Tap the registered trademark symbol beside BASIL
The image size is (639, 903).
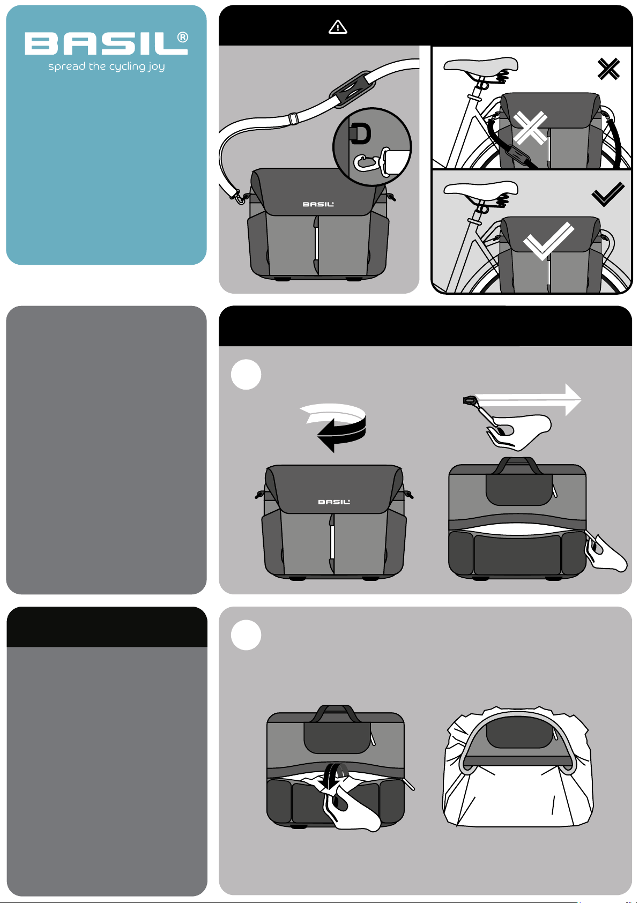(x=183, y=37)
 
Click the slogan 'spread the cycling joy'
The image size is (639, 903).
(x=107, y=66)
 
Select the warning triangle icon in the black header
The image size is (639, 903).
(x=338, y=27)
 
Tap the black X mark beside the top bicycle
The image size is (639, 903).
(x=608, y=69)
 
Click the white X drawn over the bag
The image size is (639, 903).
(x=530, y=128)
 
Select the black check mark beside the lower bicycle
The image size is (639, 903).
(x=608, y=195)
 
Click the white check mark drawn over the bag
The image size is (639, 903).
(x=548, y=241)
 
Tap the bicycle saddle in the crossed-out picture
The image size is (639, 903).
(x=481, y=64)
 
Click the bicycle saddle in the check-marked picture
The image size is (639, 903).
(x=481, y=189)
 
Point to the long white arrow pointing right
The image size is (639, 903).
(x=528, y=399)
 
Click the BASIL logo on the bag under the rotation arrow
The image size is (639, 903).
(x=334, y=502)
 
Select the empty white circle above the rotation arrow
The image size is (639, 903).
(x=246, y=374)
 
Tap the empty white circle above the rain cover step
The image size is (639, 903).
(x=246, y=635)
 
